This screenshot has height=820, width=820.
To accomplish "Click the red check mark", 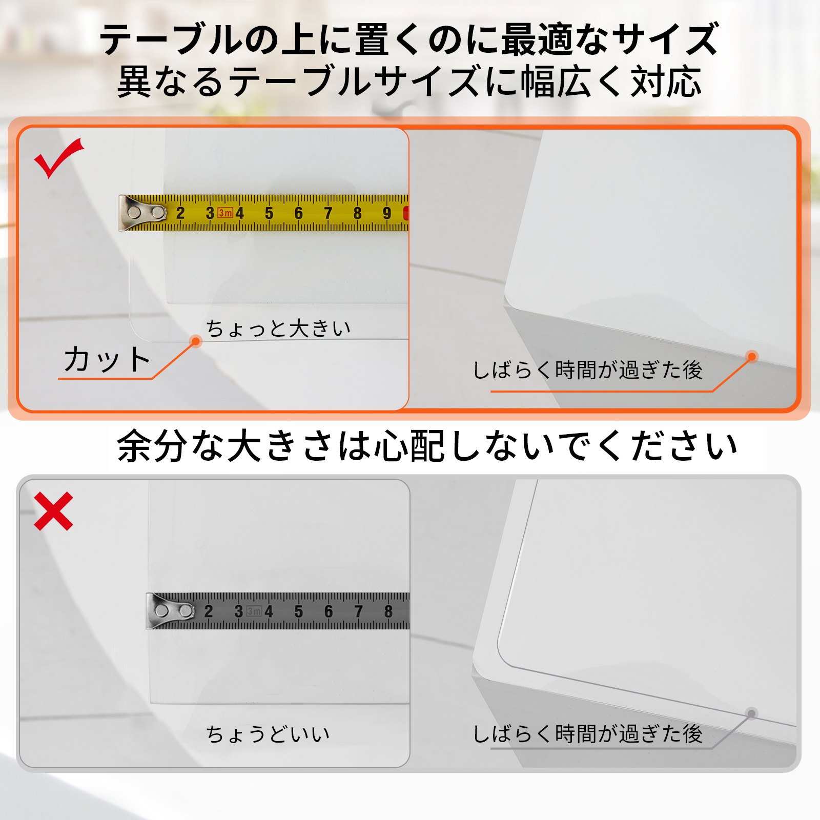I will tap(57, 158).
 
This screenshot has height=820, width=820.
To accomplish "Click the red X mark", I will tap(54, 511).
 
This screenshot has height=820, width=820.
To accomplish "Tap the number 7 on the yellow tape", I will tap(328, 213).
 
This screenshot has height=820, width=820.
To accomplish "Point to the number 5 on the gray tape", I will tap(299, 611).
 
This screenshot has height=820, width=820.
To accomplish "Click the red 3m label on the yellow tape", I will tap(225, 213).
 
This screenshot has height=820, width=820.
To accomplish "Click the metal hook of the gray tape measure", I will tap(169, 610).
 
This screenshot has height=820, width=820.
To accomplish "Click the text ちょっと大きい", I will tap(278, 329).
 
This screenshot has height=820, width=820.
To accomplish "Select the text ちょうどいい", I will tap(268, 734).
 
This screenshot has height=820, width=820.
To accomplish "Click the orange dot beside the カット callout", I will tap(195, 341).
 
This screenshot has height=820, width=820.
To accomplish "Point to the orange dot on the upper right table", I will tap(752, 357).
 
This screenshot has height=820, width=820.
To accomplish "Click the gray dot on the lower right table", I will tap(751, 713).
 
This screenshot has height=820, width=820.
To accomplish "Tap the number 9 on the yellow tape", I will tap(387, 213).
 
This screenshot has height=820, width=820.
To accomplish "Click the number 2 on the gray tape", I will tap(208, 611).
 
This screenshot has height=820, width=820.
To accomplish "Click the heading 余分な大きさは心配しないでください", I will tap(426, 446).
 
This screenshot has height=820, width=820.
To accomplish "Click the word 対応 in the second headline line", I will tap(666, 82).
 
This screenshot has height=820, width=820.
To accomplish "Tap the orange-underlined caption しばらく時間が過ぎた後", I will tap(587, 370).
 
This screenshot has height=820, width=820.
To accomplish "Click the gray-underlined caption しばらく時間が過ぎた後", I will tap(587, 734).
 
